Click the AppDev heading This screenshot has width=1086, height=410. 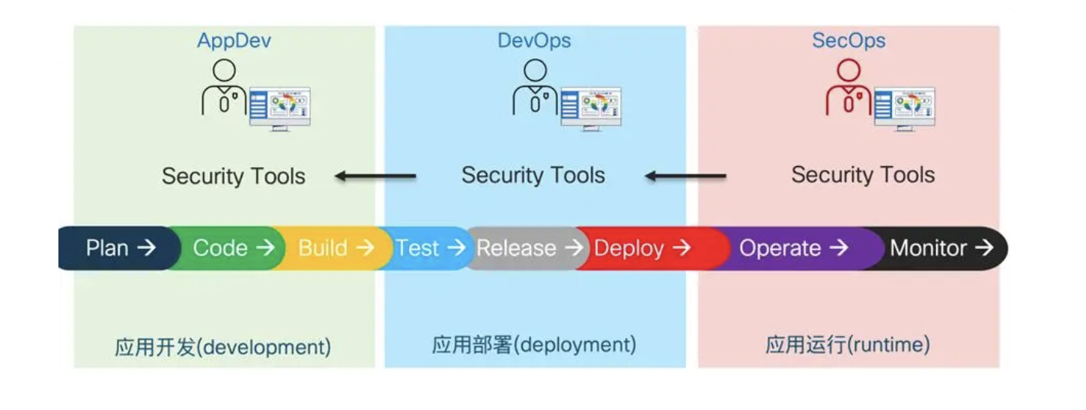pyautogui.click(x=234, y=40)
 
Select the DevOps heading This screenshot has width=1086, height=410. pyautogui.click(x=534, y=40)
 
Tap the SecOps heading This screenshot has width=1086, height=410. pyautogui.click(x=849, y=40)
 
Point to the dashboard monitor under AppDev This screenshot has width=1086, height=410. pyautogui.click(x=279, y=108)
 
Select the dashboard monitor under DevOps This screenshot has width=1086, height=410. pyautogui.click(x=591, y=108)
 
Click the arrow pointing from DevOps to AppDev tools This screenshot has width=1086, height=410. pyautogui.click(x=375, y=177)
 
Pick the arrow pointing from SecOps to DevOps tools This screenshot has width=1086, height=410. pyautogui.click(x=685, y=177)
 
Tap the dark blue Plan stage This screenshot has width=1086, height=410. pyautogui.click(x=120, y=248)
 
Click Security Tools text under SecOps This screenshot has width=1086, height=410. pyautogui.click(x=863, y=175)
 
